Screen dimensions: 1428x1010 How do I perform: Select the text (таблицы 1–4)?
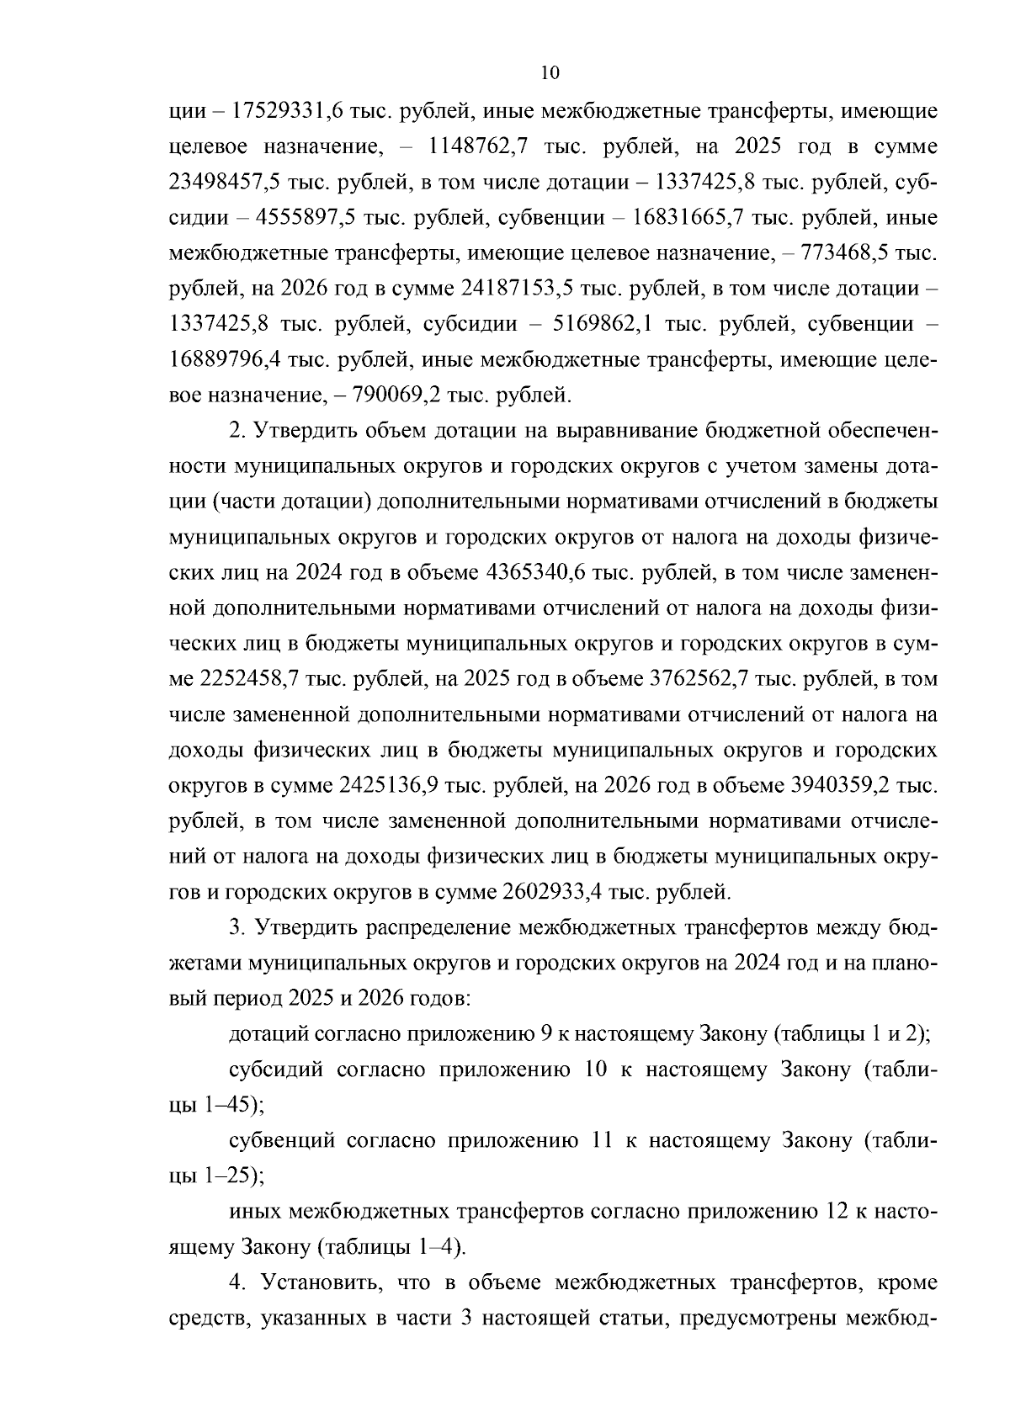click(390, 1246)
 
